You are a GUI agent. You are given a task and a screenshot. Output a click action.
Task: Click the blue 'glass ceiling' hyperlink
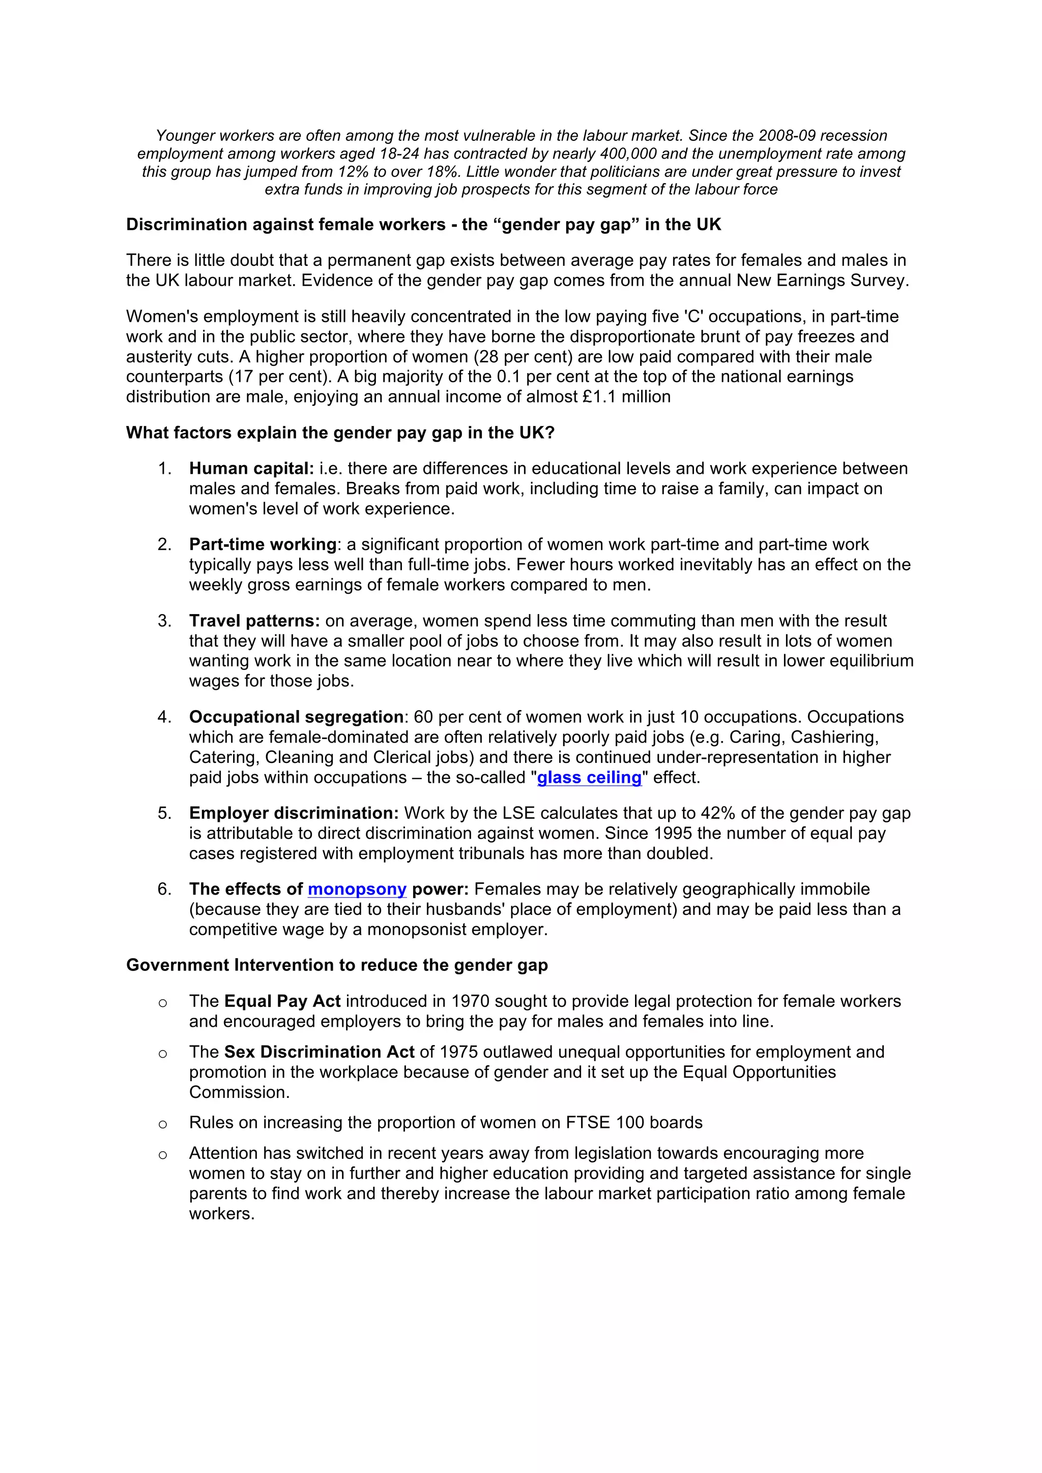click(589, 778)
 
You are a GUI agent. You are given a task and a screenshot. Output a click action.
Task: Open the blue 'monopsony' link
click(357, 889)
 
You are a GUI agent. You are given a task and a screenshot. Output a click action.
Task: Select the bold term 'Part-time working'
click(263, 545)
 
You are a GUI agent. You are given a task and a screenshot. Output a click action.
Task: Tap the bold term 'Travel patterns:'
click(254, 621)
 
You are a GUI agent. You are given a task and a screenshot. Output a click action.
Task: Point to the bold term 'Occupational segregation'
click(296, 717)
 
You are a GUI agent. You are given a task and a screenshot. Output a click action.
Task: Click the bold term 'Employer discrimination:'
click(294, 813)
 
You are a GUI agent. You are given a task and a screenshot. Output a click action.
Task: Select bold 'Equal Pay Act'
click(282, 1001)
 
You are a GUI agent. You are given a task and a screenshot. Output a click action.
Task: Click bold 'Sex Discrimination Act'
click(319, 1052)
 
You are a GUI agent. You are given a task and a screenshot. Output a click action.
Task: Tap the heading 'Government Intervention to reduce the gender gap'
click(337, 966)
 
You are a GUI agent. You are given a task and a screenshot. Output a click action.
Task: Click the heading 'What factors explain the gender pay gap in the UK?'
click(340, 433)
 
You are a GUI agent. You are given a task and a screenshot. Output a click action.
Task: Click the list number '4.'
click(164, 717)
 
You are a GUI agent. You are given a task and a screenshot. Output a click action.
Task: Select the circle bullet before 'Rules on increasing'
click(163, 1124)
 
